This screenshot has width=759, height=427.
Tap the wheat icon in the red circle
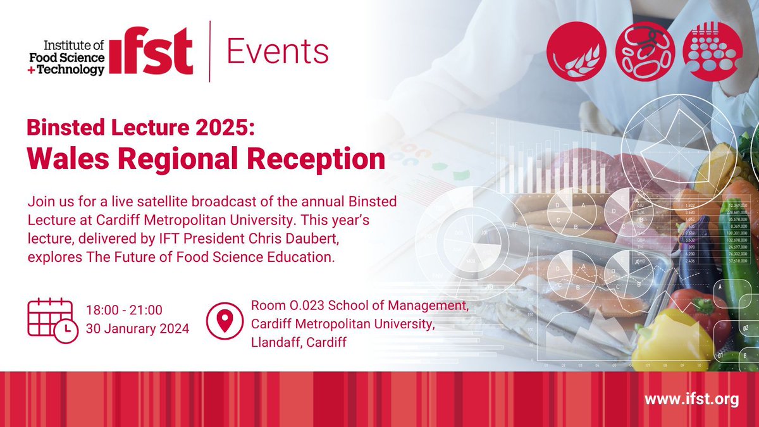pos(572,49)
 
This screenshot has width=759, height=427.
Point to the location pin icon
pos(225,321)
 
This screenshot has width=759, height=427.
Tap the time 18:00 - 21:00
pos(125,309)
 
